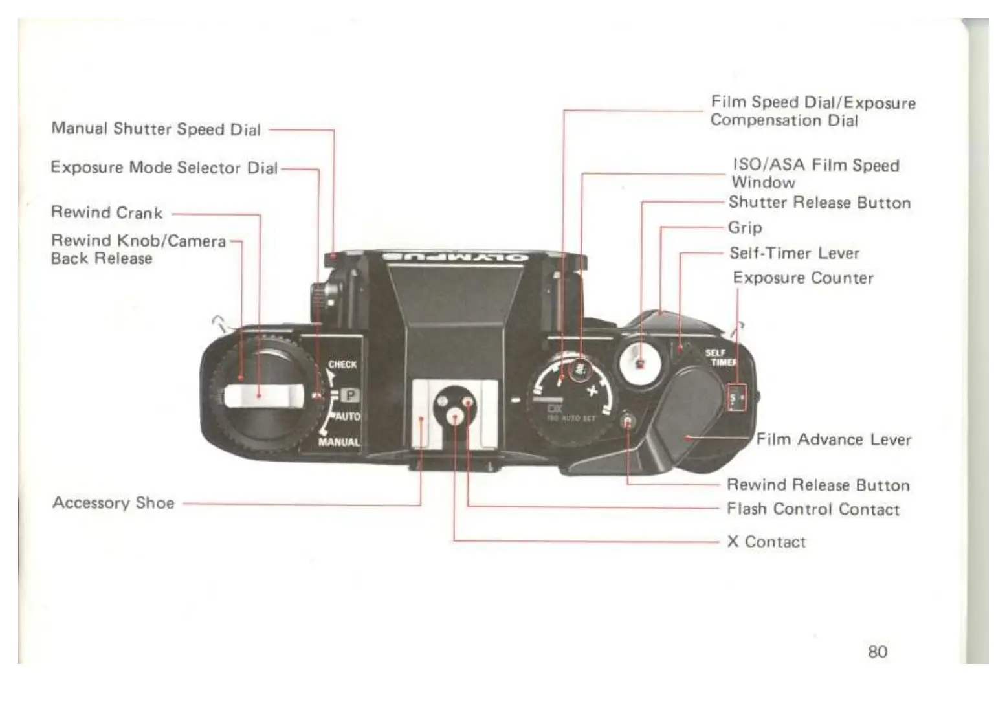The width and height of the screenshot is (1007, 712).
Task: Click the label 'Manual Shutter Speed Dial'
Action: click(156, 129)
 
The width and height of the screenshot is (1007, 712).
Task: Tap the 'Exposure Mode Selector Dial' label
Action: click(164, 168)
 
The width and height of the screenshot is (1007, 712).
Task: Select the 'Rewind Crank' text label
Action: click(107, 212)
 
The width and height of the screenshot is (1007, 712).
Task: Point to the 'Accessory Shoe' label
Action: click(113, 503)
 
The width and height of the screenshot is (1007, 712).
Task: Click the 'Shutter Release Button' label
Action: click(819, 203)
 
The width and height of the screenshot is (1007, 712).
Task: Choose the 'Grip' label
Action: click(745, 227)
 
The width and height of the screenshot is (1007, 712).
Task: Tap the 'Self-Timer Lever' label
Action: click(794, 253)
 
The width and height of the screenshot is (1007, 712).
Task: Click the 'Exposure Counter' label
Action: click(803, 278)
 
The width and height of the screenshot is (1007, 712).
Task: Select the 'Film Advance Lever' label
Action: click(834, 439)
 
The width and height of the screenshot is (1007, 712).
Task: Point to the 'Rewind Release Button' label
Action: click(818, 485)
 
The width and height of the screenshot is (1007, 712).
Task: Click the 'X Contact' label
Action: click(766, 541)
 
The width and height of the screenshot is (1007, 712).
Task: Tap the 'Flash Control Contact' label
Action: click(813, 509)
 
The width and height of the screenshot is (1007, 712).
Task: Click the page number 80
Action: click(877, 651)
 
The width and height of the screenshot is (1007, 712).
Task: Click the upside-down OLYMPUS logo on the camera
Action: click(455, 257)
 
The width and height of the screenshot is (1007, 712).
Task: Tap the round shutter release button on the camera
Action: click(639, 363)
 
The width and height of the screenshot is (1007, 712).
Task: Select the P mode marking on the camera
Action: click(349, 394)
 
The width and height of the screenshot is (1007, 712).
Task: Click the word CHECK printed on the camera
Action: click(342, 364)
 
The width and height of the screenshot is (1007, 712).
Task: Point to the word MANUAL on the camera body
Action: click(338, 442)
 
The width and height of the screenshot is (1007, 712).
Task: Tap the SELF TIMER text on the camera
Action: click(720, 357)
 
